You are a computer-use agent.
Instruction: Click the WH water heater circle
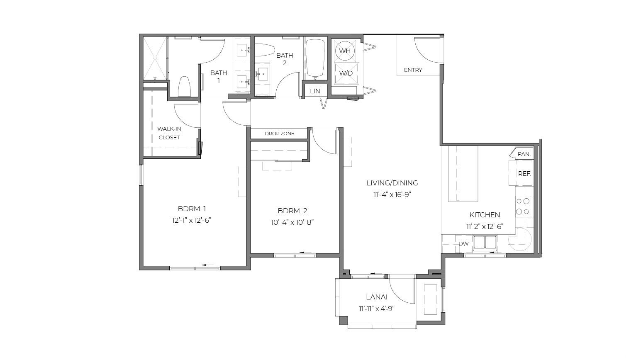(345, 51)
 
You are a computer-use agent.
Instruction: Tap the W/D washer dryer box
(346, 73)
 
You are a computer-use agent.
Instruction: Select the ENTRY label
(413, 70)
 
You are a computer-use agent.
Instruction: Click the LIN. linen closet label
(316, 91)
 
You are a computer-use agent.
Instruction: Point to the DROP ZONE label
(279, 134)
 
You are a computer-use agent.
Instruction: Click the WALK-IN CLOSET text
(169, 133)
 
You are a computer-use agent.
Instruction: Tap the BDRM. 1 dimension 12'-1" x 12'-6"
(192, 220)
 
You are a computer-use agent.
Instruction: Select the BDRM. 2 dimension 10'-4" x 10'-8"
(292, 222)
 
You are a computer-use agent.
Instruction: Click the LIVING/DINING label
(392, 183)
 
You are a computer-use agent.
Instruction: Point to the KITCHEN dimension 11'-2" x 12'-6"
(485, 226)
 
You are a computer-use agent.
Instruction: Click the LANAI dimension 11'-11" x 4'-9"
(376, 309)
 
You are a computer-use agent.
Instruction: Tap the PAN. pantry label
(524, 154)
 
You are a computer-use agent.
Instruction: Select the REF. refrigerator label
(524, 174)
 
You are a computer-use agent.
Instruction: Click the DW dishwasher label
(463, 243)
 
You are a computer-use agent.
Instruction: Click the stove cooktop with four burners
(523, 207)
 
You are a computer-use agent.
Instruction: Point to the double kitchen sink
(485, 243)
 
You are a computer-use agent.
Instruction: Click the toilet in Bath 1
(185, 87)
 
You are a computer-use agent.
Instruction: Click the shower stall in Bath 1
(155, 58)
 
